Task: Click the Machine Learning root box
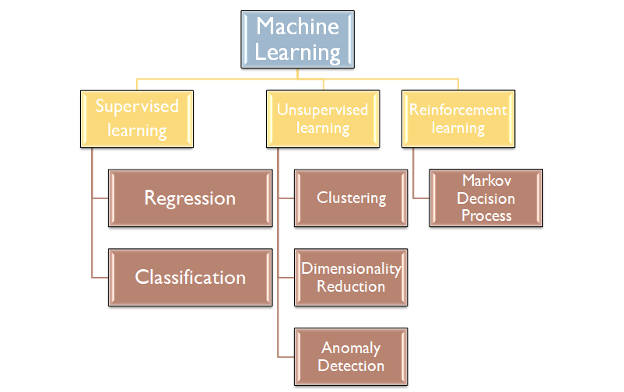pyautogui.click(x=298, y=39)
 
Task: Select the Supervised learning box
pyautogui.click(x=137, y=118)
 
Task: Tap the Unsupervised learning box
pyautogui.click(x=322, y=118)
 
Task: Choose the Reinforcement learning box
pyautogui.click(x=458, y=118)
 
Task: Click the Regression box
pyautogui.click(x=189, y=198)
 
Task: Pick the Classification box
pyautogui.click(x=189, y=277)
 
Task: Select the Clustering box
pyautogui.click(x=351, y=198)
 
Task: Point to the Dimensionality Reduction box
pyautogui.click(x=351, y=278)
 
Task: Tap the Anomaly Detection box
pyautogui.click(x=351, y=357)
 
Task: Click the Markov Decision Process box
pyautogui.click(x=486, y=198)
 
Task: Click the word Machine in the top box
pyautogui.click(x=298, y=26)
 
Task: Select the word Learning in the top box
pyautogui.click(x=298, y=52)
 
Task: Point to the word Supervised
pyautogui.click(x=137, y=107)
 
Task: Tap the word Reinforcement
pyautogui.click(x=458, y=110)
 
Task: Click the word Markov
pyautogui.click(x=486, y=180)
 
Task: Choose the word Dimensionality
pyautogui.click(x=351, y=269)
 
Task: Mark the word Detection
pyautogui.click(x=352, y=366)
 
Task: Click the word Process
pyautogui.click(x=486, y=215)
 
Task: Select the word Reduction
pyautogui.click(x=351, y=286)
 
